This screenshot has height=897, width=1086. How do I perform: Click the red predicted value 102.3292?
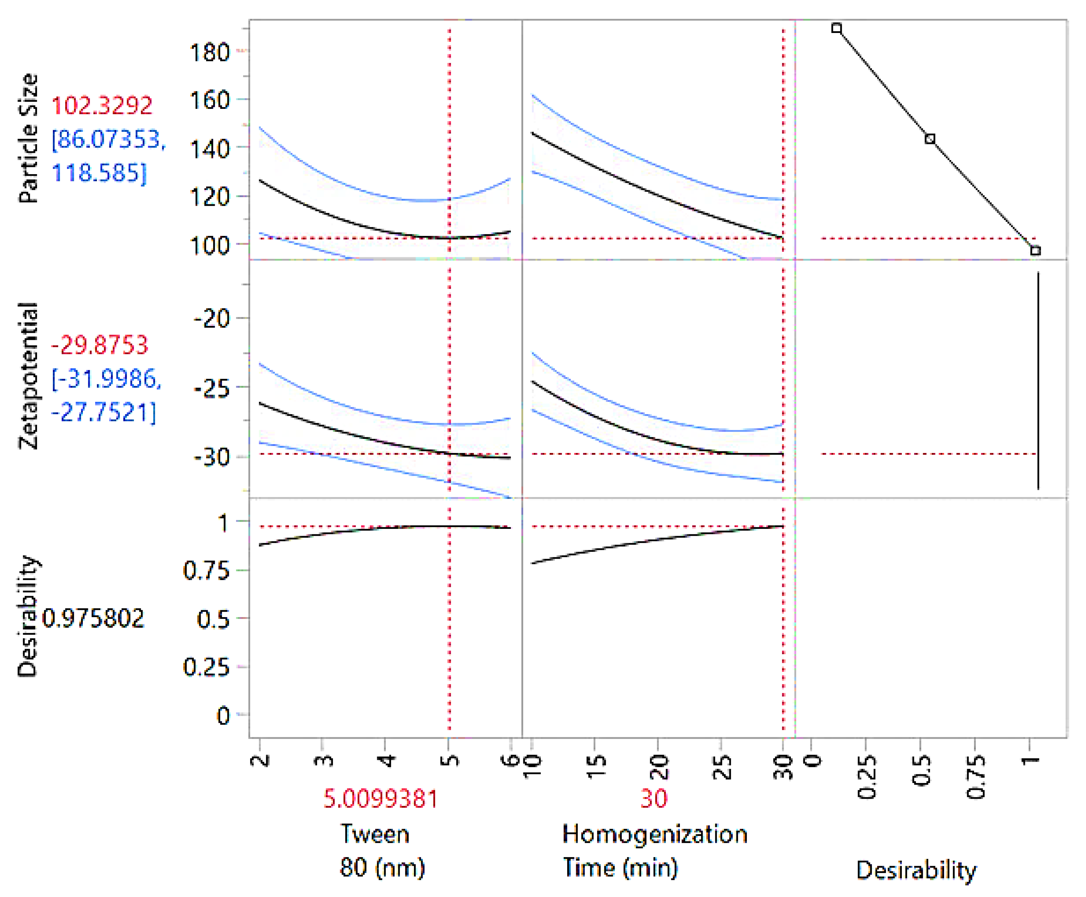(x=102, y=105)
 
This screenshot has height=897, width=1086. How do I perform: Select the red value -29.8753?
(x=100, y=345)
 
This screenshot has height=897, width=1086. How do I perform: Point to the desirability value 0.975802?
(x=93, y=618)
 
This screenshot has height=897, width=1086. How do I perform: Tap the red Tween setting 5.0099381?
(x=380, y=798)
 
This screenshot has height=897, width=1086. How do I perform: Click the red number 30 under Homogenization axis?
(x=653, y=798)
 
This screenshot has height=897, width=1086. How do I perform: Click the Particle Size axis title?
(x=29, y=138)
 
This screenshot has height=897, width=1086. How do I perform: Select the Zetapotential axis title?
(x=29, y=376)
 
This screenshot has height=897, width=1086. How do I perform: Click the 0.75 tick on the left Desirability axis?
(x=206, y=570)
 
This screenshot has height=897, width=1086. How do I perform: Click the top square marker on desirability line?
(x=836, y=29)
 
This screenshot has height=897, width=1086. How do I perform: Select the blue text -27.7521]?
(x=103, y=412)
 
